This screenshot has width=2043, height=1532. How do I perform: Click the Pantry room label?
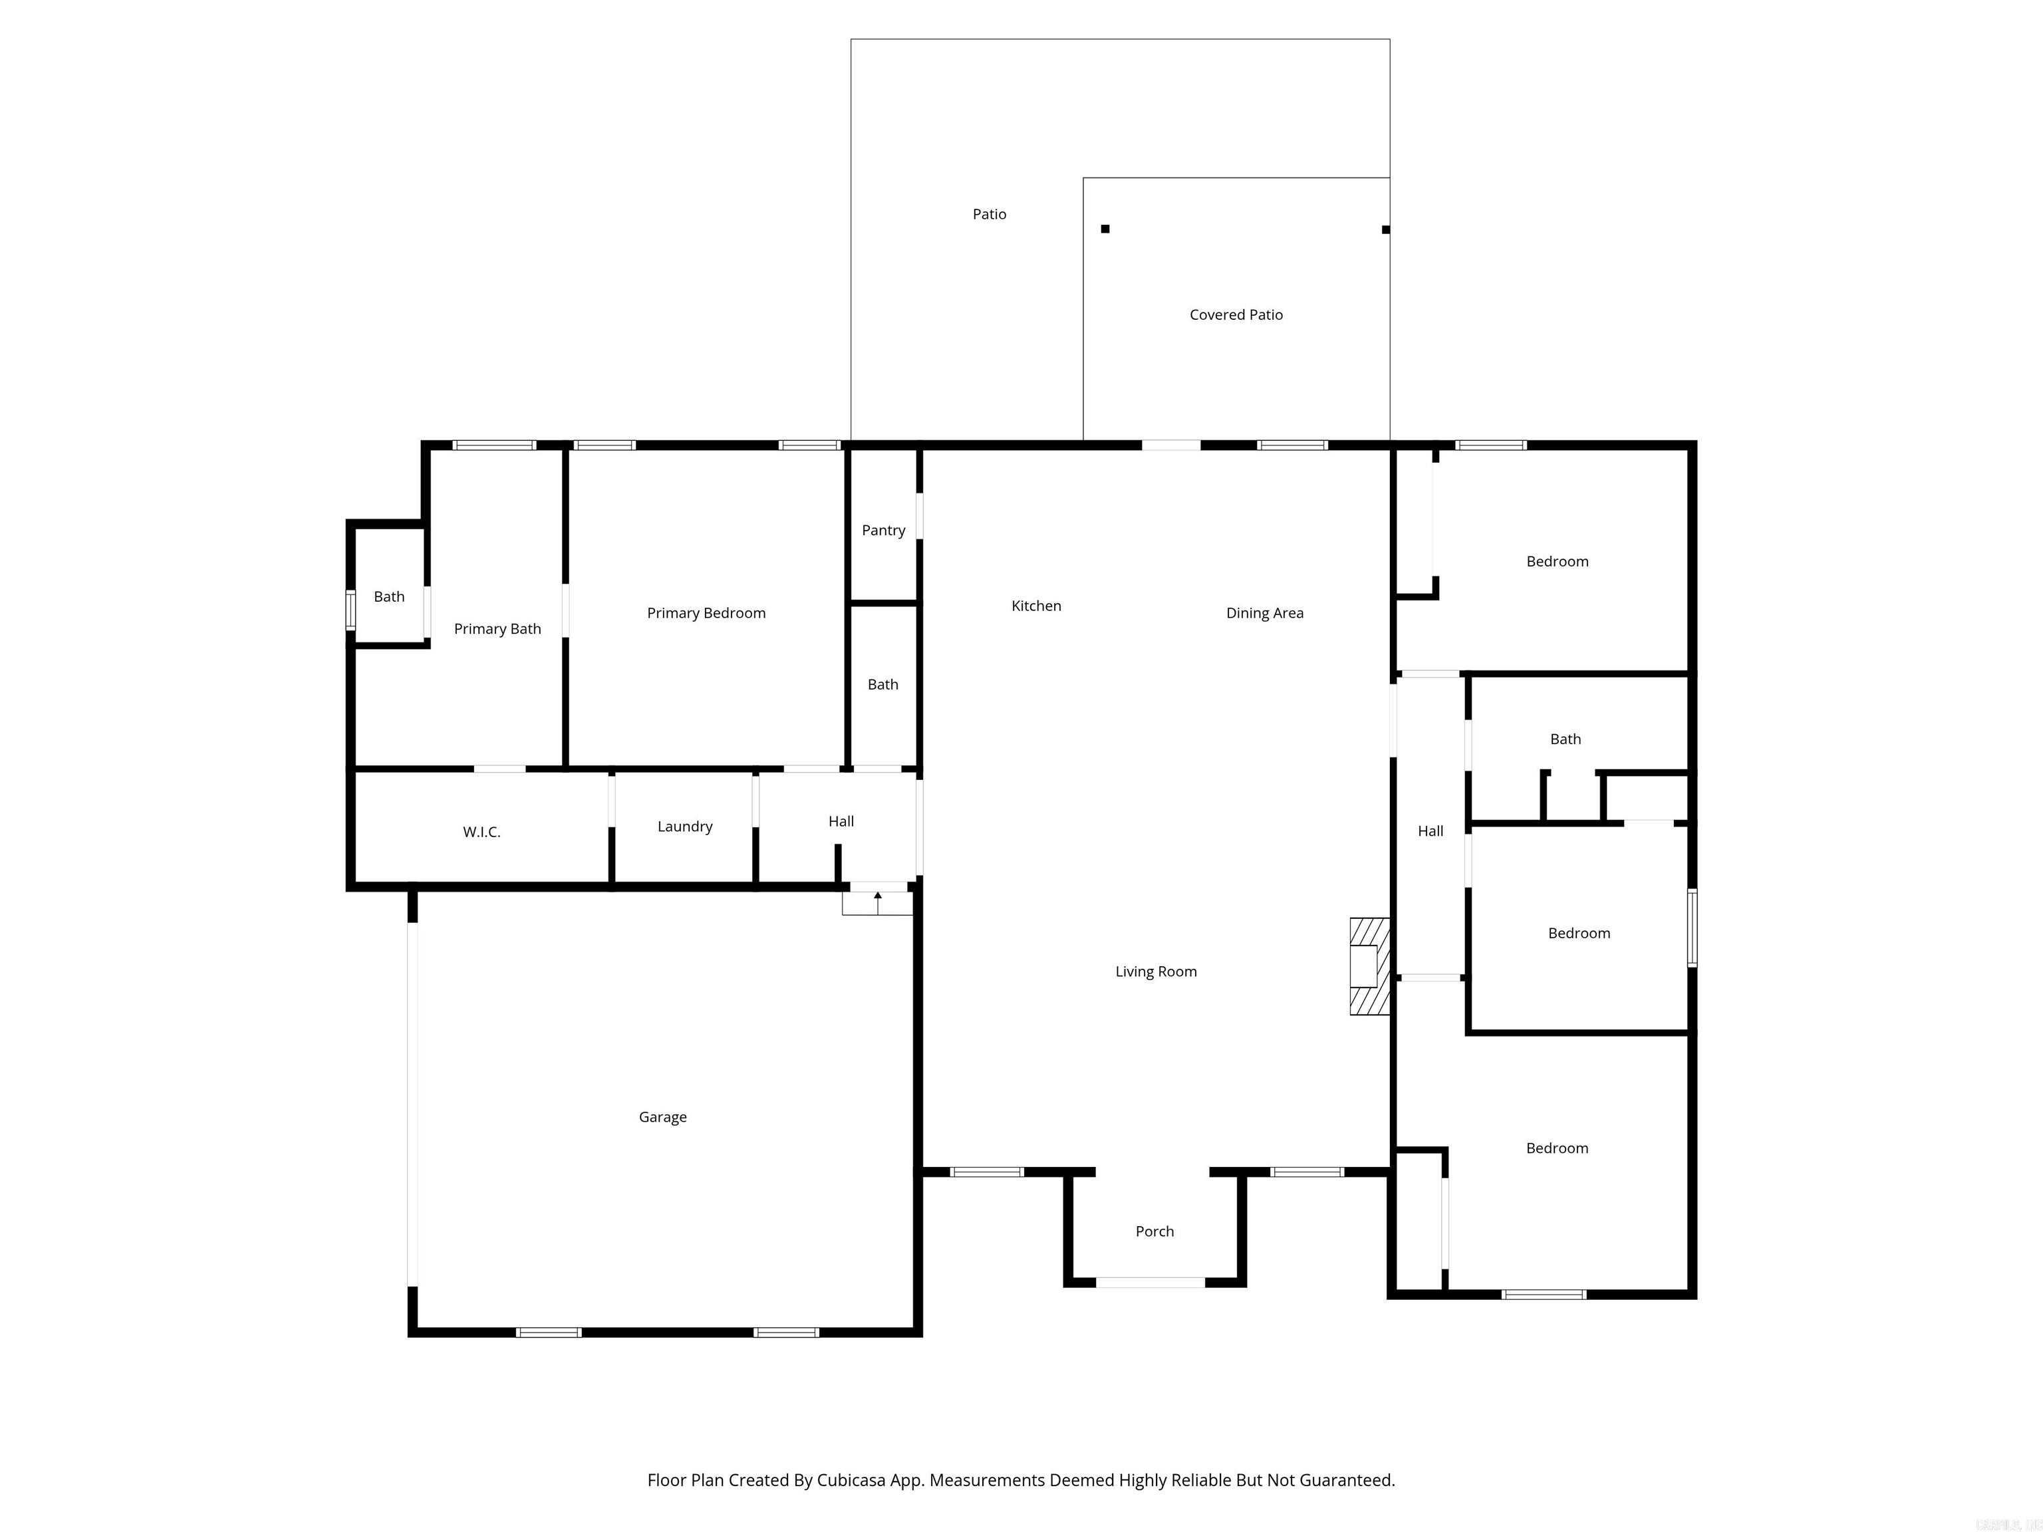(x=883, y=530)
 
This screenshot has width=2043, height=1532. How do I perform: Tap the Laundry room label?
(x=684, y=827)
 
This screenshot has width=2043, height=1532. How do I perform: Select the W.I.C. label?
(x=481, y=832)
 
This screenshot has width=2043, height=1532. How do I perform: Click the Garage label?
(x=662, y=1116)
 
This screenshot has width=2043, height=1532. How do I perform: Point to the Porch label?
(x=1155, y=1231)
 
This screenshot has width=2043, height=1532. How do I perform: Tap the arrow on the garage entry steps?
(x=877, y=897)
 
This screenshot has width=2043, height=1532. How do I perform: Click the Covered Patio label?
(x=1236, y=315)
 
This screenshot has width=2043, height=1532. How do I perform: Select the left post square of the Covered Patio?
(x=1105, y=229)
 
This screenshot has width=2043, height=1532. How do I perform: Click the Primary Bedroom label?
(x=706, y=613)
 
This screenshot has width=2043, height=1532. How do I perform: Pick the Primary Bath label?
(x=497, y=629)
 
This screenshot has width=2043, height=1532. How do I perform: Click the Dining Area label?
(x=1264, y=613)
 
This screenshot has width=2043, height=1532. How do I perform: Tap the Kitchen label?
(x=1036, y=606)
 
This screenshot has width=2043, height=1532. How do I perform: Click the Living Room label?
(x=1155, y=971)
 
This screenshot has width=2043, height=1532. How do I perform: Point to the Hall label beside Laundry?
(x=841, y=821)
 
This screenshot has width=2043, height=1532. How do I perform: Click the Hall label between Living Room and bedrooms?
(x=1430, y=831)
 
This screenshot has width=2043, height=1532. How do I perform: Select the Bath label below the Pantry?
(x=882, y=684)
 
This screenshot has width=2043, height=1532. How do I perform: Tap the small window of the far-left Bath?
(x=350, y=610)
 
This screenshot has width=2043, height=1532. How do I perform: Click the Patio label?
(x=989, y=214)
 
